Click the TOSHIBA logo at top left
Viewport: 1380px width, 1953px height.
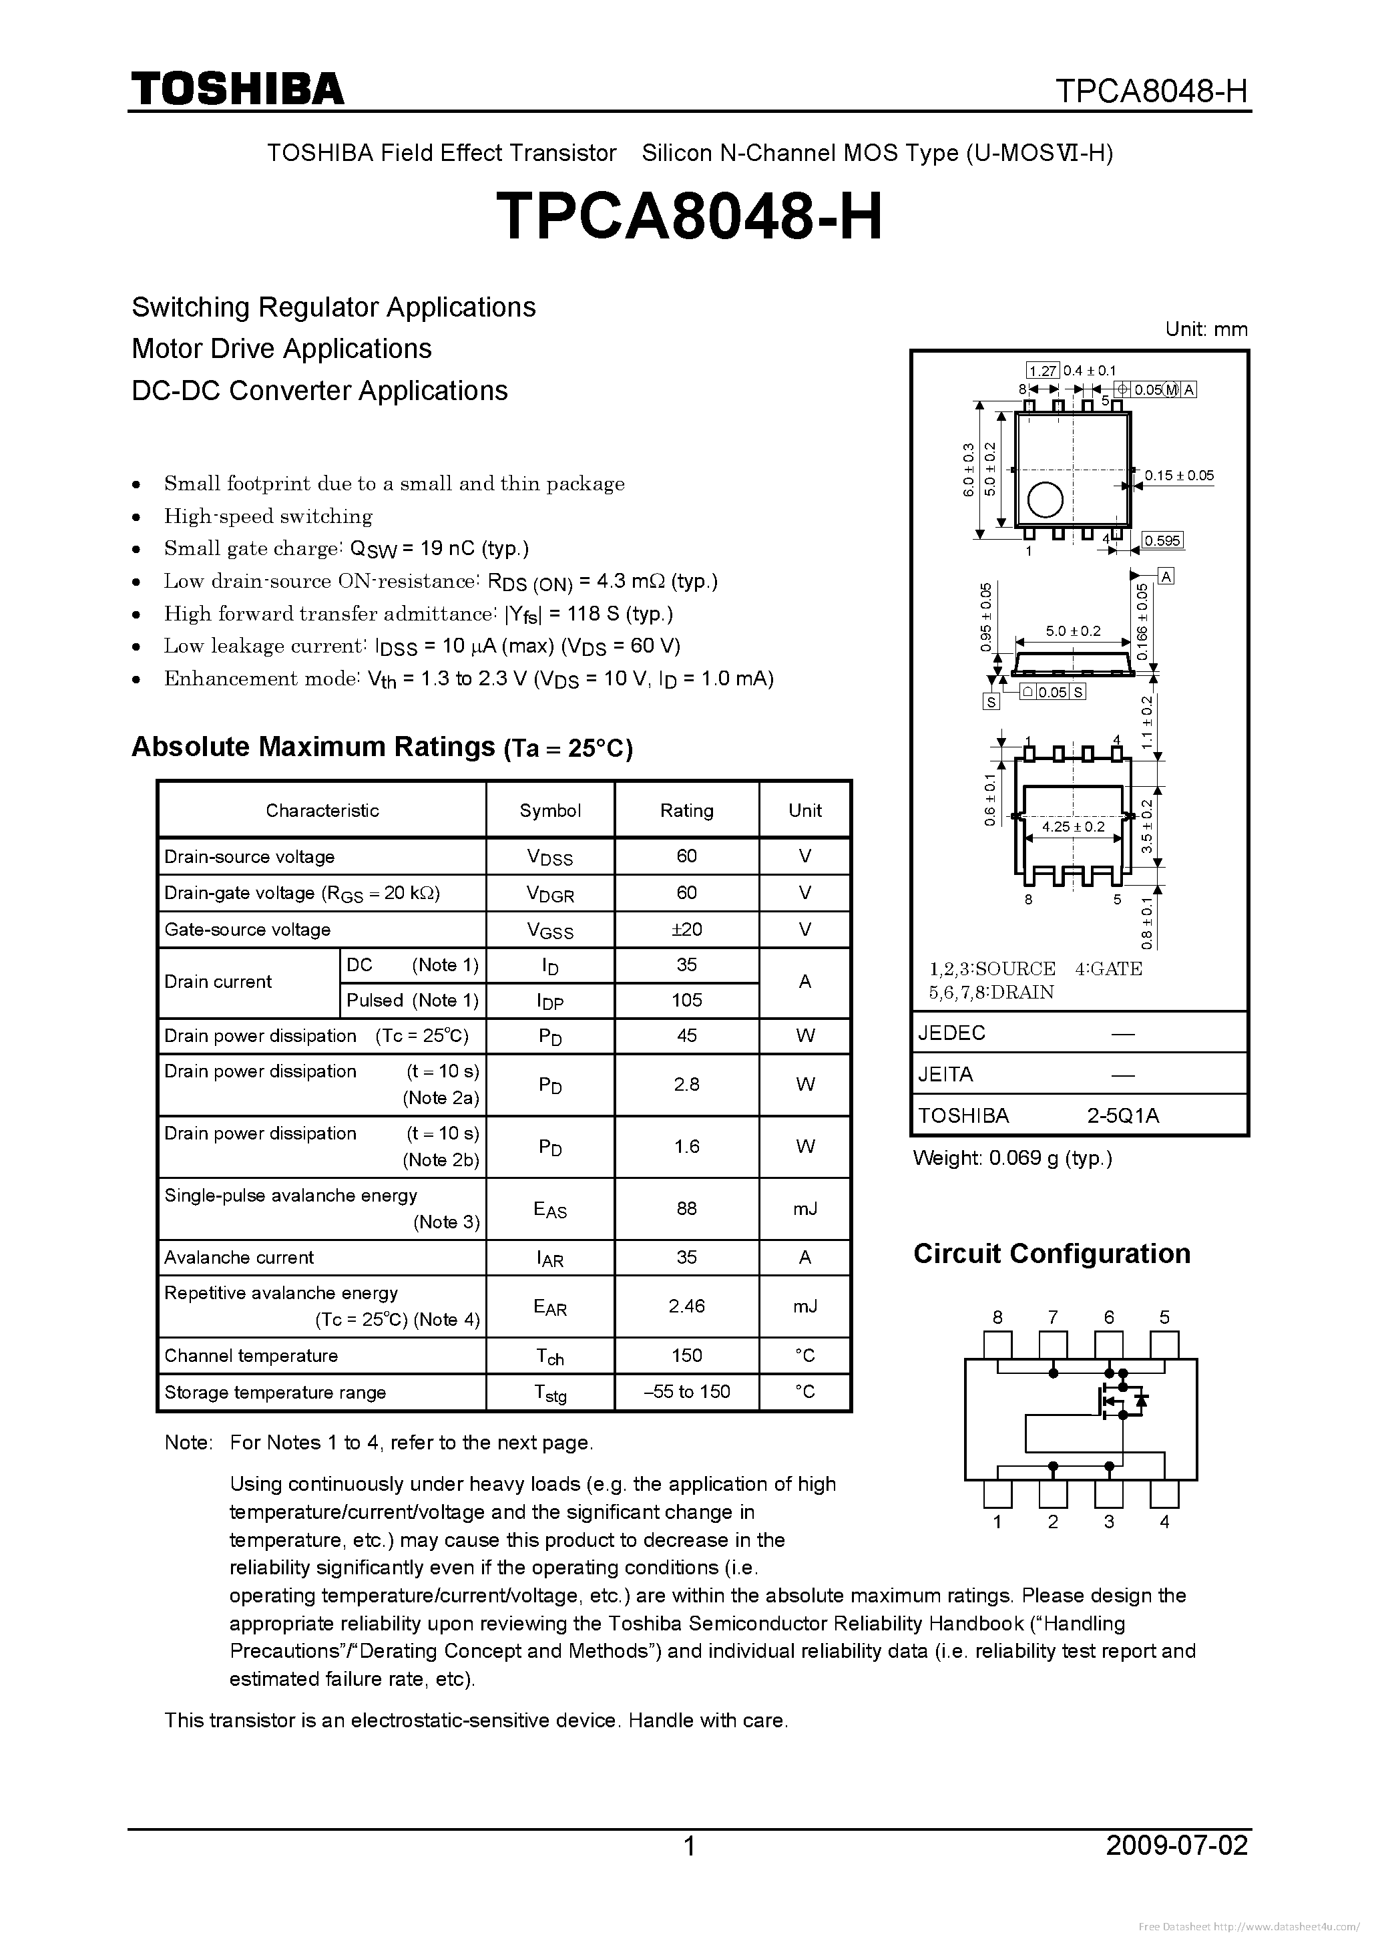237,88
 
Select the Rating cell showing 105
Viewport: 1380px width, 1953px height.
686,1001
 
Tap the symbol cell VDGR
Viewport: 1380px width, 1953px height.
550,893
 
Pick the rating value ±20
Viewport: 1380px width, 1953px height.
686,929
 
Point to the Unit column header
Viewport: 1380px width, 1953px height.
804,810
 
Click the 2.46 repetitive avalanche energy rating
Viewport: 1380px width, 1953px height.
686,1306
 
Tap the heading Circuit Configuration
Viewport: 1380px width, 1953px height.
1051,1254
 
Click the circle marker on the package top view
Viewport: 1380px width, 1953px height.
1045,500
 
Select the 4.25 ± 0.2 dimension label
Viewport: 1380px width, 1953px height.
1073,826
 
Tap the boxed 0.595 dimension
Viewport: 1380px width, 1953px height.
1162,541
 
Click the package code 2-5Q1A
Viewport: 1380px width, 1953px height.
1122,1115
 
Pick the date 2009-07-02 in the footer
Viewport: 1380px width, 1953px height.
1177,1845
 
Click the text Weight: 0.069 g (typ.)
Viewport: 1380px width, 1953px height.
1012,1158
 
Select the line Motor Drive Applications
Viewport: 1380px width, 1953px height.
282,349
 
